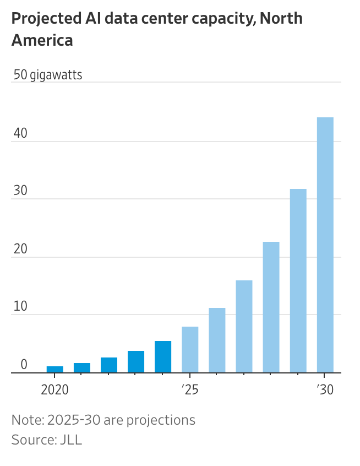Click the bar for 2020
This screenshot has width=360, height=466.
54,369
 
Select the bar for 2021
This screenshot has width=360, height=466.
82,367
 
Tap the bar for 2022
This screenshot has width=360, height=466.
109,365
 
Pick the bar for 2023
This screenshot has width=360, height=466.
136,361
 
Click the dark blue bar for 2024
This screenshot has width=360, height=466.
163,356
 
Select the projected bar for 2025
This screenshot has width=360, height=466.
190,349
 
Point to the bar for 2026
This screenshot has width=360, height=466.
217,340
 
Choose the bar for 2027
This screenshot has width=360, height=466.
244,326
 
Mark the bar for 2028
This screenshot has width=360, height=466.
271,307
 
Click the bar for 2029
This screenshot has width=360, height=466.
298,280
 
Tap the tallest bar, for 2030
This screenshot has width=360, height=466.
325,245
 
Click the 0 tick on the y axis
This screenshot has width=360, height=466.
24,364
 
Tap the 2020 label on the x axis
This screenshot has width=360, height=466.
54,390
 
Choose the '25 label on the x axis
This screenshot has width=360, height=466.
190,390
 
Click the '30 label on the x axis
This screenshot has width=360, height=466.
325,390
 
